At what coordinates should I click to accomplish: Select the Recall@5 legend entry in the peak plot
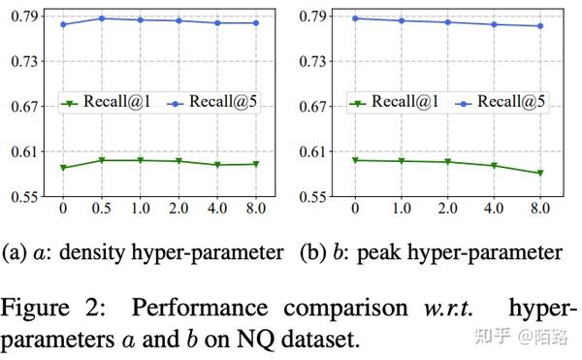[500, 102]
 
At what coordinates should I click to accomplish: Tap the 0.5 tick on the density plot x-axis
[102, 207]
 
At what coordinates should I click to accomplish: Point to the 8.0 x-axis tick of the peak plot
[538, 207]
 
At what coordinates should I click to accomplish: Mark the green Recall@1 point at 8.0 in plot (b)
[538, 173]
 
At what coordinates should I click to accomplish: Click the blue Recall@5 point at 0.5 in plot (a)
[102, 18]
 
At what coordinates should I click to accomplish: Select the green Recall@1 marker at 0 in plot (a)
[63, 168]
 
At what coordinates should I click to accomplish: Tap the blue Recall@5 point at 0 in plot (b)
[355, 18]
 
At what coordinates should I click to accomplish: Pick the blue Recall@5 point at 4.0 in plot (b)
[493, 24]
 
